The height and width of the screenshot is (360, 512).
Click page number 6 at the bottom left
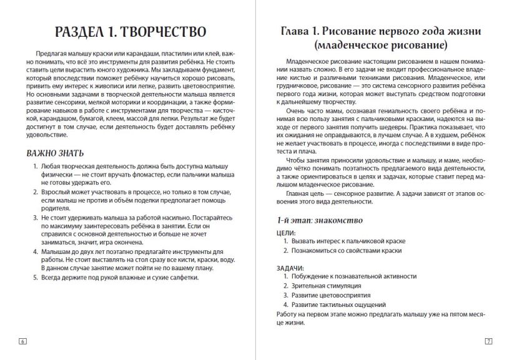22,341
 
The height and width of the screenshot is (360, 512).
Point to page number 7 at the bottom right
488,341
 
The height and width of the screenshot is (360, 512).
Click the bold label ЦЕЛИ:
286,231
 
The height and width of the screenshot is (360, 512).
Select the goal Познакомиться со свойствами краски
347,250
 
